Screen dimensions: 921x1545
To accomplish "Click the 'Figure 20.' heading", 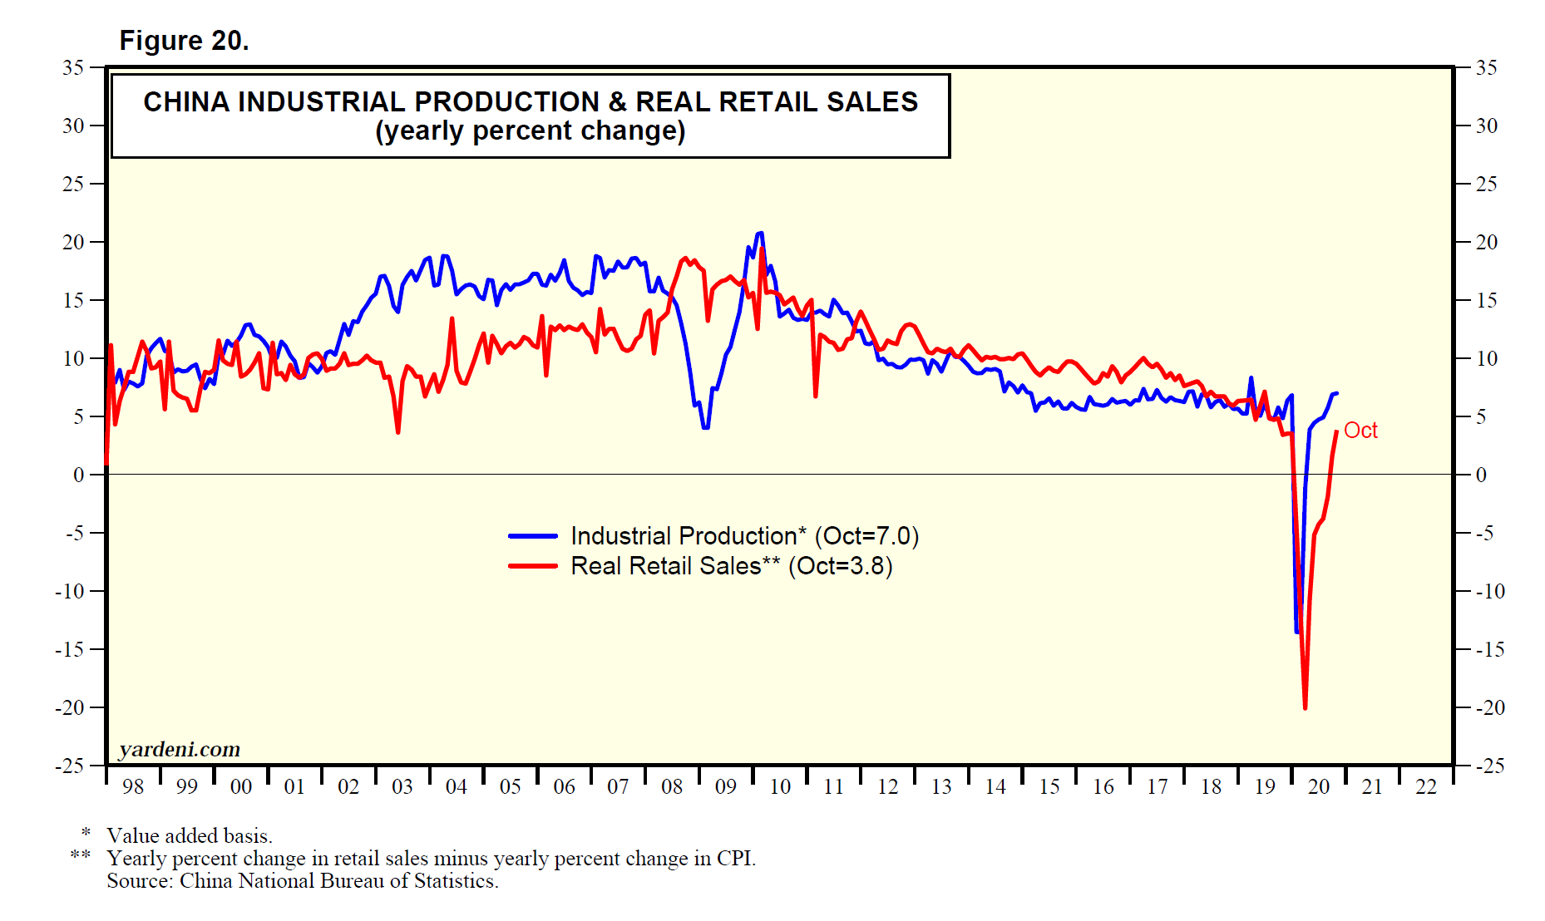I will point(184,41).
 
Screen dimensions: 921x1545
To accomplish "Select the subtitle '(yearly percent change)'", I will point(530,131).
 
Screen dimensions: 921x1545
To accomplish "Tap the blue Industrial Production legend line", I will point(533,536).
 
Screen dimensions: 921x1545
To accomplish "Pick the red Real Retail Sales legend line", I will point(533,566).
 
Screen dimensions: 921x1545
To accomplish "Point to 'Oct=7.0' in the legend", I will point(866,536).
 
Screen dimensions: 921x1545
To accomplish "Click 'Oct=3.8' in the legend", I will point(840,566).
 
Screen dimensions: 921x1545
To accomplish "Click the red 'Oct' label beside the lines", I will point(1360,431).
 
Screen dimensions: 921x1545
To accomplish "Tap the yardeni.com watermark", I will point(180,750).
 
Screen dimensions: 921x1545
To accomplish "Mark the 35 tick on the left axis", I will point(73,67).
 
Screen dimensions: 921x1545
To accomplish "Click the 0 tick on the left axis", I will point(79,475).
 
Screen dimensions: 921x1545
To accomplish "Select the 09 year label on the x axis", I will point(726,786).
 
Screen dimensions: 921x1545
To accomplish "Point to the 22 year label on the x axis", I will point(1426,786).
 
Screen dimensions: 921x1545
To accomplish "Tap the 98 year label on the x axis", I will point(133,786).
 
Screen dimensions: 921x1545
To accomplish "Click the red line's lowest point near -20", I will point(1305,707).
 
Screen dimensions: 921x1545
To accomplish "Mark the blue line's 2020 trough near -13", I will point(1296,632).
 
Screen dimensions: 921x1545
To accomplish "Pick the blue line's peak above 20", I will point(760,234).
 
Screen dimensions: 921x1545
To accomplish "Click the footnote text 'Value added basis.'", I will point(190,835).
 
